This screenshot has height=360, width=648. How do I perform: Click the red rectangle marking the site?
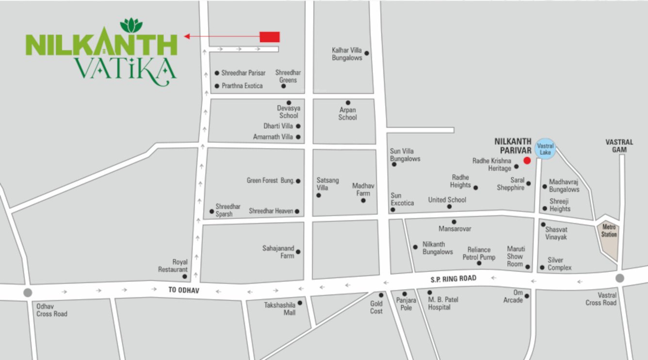[x=270, y=36]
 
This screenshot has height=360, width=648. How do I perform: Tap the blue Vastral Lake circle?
[x=545, y=149]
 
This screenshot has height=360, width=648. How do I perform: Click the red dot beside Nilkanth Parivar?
[x=527, y=161]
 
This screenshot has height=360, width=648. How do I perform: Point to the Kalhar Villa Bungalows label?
[x=347, y=54]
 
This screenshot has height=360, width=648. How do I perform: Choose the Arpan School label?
[x=348, y=114]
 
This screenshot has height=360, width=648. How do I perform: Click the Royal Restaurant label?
[x=173, y=265]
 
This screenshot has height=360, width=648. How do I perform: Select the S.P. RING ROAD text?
[x=454, y=278]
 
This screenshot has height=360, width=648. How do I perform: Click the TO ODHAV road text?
[x=184, y=290]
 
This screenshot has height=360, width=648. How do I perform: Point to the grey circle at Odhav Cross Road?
[x=28, y=293]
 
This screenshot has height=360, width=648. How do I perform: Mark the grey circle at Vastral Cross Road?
[x=619, y=278]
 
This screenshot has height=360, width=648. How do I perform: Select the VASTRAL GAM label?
[x=619, y=146]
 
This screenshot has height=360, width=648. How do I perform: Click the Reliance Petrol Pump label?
[x=479, y=253]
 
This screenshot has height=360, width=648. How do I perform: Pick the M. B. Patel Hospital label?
[x=443, y=303]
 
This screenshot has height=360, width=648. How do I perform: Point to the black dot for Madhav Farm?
[x=363, y=200]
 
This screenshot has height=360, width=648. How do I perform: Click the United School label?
[x=447, y=199]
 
